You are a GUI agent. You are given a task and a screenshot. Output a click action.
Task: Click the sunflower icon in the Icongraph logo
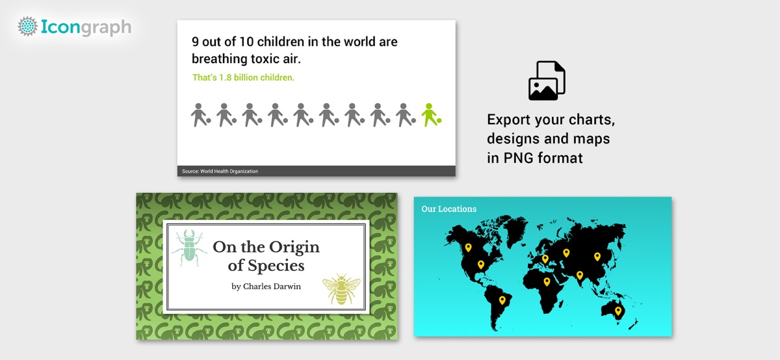27,26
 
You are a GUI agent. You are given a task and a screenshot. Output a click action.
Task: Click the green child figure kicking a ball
431,115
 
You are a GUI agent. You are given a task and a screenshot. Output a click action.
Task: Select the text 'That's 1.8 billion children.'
243,77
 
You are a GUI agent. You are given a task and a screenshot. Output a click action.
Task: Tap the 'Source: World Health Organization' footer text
220,172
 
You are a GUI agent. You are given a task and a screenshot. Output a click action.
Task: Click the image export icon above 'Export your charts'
547,81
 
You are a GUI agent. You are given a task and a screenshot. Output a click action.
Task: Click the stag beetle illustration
189,248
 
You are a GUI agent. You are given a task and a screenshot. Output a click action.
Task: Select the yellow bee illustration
341,289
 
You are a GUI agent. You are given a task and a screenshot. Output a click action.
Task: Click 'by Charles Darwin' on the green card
266,287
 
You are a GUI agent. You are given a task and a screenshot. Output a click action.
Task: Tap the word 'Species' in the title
276,266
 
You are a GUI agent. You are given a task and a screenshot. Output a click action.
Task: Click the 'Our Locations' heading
449,209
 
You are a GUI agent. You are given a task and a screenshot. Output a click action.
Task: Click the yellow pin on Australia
618,311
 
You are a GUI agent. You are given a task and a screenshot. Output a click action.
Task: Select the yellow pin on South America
502,300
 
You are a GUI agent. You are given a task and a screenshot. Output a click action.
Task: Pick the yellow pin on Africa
547,281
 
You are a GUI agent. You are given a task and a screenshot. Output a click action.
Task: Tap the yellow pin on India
579,276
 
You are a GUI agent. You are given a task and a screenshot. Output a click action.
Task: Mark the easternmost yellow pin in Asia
597,257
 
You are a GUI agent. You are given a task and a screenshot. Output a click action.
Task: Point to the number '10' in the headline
246,42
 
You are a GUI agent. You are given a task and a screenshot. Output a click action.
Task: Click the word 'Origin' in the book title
294,248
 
